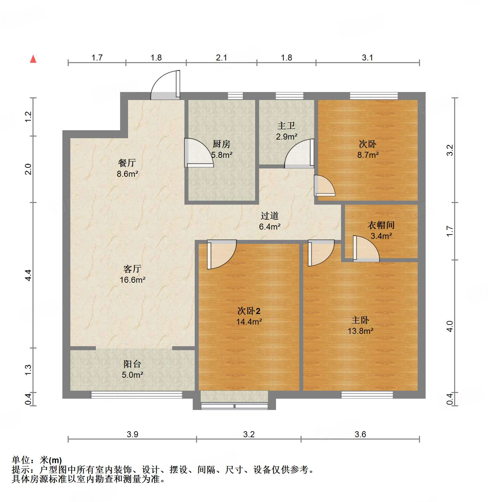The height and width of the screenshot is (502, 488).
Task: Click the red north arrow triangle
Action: (33, 59)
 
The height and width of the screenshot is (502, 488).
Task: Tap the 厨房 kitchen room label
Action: (221, 144)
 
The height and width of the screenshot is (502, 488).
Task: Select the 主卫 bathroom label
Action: (286, 126)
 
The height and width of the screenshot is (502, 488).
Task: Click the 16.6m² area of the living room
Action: (132, 280)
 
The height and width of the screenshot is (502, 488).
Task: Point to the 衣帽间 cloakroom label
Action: (381, 225)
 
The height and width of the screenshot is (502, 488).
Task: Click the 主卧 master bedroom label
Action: (360, 320)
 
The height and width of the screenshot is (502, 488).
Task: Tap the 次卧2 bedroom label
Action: (249, 311)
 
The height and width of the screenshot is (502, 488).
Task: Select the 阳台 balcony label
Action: (132, 364)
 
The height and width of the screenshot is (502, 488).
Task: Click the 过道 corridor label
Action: (269, 216)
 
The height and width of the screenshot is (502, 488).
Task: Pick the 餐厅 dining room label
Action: (127, 163)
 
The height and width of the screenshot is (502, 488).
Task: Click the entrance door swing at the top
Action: (165, 85)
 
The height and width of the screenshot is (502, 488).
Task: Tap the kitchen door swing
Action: (198, 153)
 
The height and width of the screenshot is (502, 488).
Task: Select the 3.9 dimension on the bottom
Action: (132, 434)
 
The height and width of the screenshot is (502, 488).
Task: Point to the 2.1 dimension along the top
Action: (221, 57)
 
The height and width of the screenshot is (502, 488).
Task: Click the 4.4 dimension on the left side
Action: (28, 275)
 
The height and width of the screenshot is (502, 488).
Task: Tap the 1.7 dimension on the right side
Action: (450, 231)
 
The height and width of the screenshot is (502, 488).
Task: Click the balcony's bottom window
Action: (137, 395)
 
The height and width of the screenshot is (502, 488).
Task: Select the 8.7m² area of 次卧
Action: (368, 155)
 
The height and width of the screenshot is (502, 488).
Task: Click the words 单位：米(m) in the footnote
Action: (37, 460)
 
